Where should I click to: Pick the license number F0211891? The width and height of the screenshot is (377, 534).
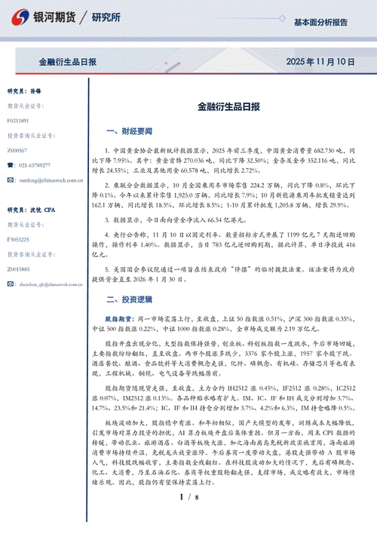point(18,120)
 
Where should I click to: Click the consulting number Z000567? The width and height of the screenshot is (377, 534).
point(17,151)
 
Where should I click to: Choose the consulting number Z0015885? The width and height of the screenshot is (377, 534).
point(18,269)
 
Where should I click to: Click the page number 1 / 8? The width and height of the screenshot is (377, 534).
point(188,518)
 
